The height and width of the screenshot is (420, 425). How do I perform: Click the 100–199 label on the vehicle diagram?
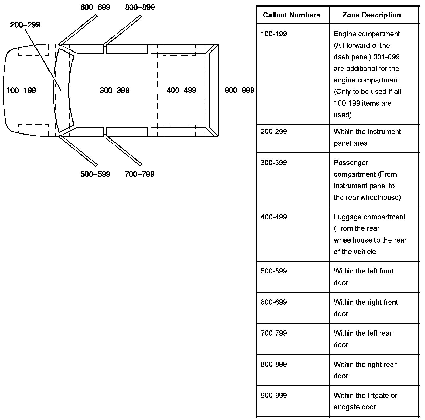(21, 90)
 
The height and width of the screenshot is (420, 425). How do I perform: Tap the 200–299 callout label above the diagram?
(25, 25)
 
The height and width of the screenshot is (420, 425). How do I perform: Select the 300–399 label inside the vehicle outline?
(115, 90)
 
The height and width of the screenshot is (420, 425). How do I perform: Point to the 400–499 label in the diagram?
(181, 90)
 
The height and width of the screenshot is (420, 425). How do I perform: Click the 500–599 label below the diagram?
(95, 174)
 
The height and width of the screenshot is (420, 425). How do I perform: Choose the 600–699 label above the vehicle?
(95, 7)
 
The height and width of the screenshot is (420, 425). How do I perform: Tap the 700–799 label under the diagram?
(140, 174)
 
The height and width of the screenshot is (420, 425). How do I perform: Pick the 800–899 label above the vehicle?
(140, 7)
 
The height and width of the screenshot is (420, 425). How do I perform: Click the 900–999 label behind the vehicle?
(239, 90)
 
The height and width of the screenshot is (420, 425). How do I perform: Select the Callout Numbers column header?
(291, 15)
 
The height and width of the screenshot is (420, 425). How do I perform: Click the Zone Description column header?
(371, 15)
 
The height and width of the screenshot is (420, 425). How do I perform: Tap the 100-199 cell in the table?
(274, 34)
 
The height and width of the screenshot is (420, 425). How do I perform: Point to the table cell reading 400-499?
(274, 217)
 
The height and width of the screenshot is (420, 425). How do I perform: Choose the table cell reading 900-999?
(274, 396)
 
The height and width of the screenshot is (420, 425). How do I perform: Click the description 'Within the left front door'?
(364, 277)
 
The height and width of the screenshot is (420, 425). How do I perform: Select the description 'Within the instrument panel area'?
(367, 137)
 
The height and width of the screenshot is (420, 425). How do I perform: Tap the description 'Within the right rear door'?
(365, 370)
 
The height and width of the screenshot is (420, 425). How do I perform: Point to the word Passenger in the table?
(351, 163)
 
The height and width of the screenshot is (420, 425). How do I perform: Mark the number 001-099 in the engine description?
(386, 57)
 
